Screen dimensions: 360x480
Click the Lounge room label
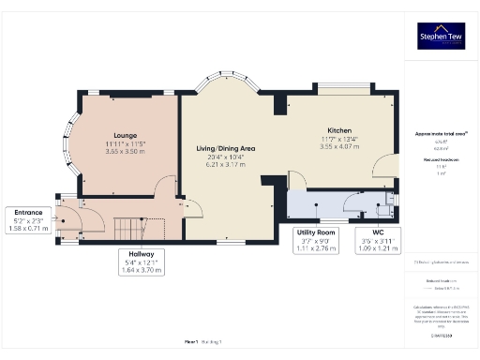pos(126,135)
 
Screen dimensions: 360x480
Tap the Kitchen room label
pos(338,130)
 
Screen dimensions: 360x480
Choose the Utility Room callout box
pos(313,240)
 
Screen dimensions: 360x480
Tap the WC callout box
pos(378,240)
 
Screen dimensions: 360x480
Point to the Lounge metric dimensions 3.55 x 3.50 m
pos(126,151)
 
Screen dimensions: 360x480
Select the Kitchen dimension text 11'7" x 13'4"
pos(338,140)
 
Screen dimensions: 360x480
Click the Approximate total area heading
pos(442,134)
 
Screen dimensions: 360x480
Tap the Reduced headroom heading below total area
pos(442,160)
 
